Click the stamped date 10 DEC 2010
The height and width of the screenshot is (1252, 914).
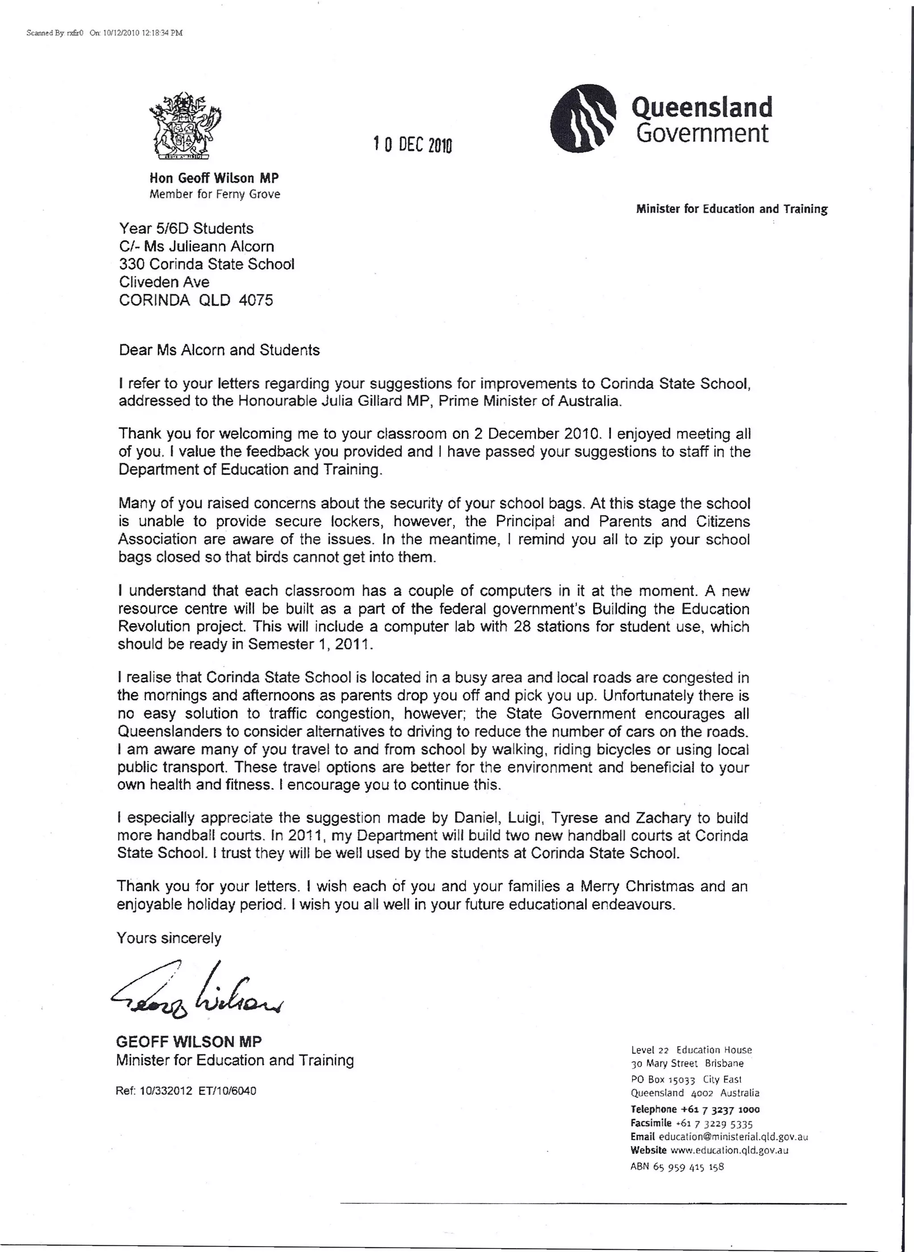(x=413, y=145)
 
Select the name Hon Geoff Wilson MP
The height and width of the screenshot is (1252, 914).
(x=214, y=178)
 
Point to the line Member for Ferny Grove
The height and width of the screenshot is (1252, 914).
(x=215, y=194)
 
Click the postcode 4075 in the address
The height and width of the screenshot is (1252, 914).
(x=256, y=300)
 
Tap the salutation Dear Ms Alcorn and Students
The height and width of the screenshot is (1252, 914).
(x=219, y=350)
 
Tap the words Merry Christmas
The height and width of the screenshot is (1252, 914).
(x=636, y=887)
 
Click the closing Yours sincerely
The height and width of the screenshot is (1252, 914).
(x=169, y=938)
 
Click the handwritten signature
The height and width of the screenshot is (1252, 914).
(x=196, y=991)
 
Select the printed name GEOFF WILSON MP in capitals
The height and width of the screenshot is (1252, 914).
(x=189, y=1042)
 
